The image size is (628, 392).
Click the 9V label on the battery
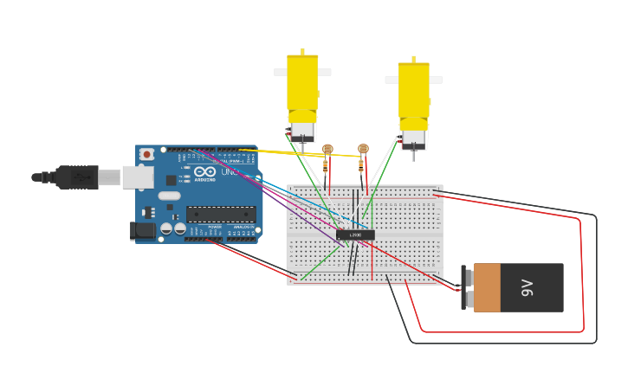(x=528, y=288)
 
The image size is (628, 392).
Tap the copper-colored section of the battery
(x=487, y=288)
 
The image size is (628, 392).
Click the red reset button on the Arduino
(x=147, y=154)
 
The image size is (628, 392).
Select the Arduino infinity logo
(x=204, y=172)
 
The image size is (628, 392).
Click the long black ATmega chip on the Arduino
(x=221, y=215)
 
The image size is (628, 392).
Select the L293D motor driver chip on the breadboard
(x=355, y=235)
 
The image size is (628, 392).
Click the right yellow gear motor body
(x=413, y=90)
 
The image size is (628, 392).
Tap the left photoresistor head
(x=327, y=149)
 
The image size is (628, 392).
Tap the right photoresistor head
(x=363, y=149)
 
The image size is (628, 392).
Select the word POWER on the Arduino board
(x=215, y=227)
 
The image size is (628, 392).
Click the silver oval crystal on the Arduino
(x=170, y=196)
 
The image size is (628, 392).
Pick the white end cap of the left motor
(x=302, y=131)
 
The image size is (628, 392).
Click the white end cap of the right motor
(x=413, y=138)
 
